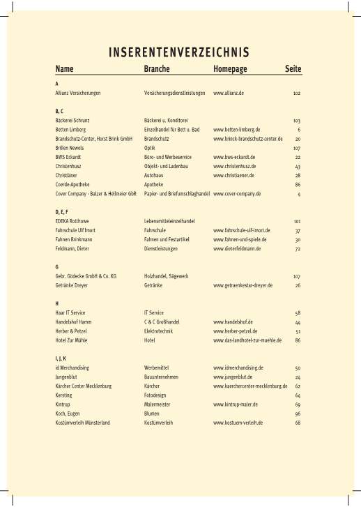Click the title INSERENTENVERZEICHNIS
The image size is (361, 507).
180,53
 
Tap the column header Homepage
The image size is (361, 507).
231,70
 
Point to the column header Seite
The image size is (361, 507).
293,70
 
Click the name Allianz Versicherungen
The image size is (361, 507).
78,93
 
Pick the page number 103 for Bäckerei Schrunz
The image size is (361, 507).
296,121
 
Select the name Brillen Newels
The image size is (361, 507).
70,148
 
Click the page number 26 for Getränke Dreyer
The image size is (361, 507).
298,285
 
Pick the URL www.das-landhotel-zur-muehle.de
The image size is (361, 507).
247,340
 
